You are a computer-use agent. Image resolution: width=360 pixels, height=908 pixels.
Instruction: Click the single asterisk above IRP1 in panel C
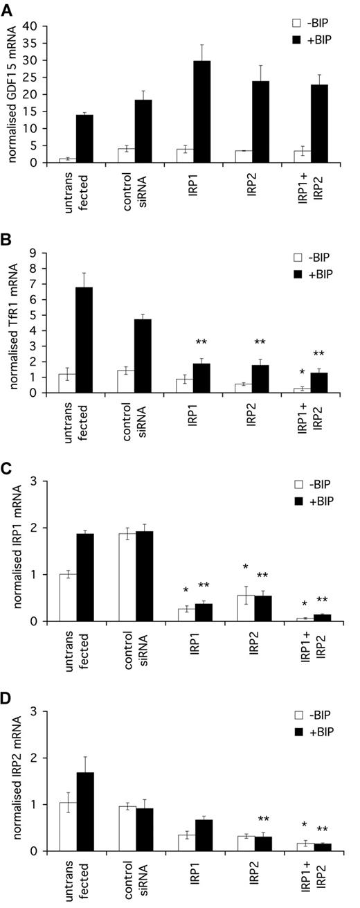tap(185, 591)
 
